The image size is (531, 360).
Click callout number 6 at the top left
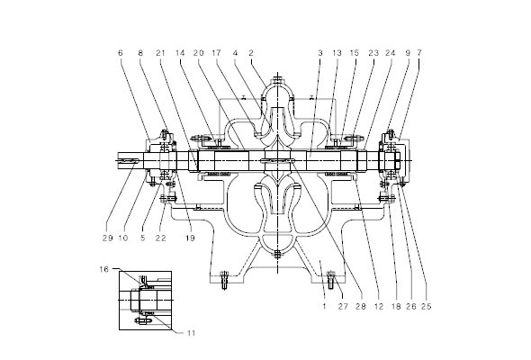(x=121, y=53)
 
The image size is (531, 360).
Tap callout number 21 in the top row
(x=160, y=53)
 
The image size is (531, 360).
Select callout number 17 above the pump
(x=216, y=53)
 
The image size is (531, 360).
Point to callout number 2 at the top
(x=251, y=53)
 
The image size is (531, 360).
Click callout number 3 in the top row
(x=320, y=53)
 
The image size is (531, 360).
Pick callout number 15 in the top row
(x=355, y=53)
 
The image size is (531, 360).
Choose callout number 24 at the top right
(x=391, y=53)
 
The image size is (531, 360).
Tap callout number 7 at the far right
(x=419, y=53)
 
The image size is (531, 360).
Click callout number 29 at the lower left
(x=108, y=238)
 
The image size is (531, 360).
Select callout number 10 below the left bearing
(x=123, y=238)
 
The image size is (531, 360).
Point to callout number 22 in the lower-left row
(x=161, y=238)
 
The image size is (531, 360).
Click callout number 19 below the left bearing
(x=190, y=238)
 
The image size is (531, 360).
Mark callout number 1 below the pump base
(x=324, y=307)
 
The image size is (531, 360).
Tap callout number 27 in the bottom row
(x=343, y=307)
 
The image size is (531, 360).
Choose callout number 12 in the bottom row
(x=379, y=307)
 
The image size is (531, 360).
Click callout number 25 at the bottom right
(x=427, y=307)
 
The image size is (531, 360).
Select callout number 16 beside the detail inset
(x=104, y=269)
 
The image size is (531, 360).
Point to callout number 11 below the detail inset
(x=192, y=333)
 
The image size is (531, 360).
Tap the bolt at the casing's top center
(x=278, y=81)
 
